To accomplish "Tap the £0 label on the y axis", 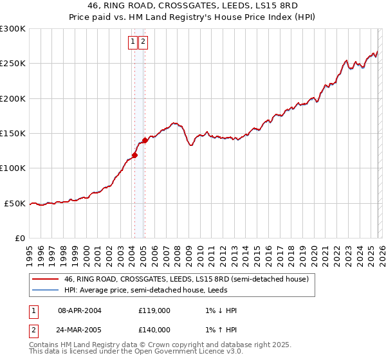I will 19,239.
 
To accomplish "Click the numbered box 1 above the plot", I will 133,42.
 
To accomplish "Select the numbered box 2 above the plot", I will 143,42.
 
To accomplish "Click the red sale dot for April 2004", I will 134,155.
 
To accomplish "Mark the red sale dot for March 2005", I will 145,140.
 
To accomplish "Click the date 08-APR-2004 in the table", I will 80,310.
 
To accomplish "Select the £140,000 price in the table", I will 154,330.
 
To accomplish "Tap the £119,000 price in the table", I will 154,310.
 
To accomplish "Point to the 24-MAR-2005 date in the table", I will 80,330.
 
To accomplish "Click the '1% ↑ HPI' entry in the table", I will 219,330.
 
